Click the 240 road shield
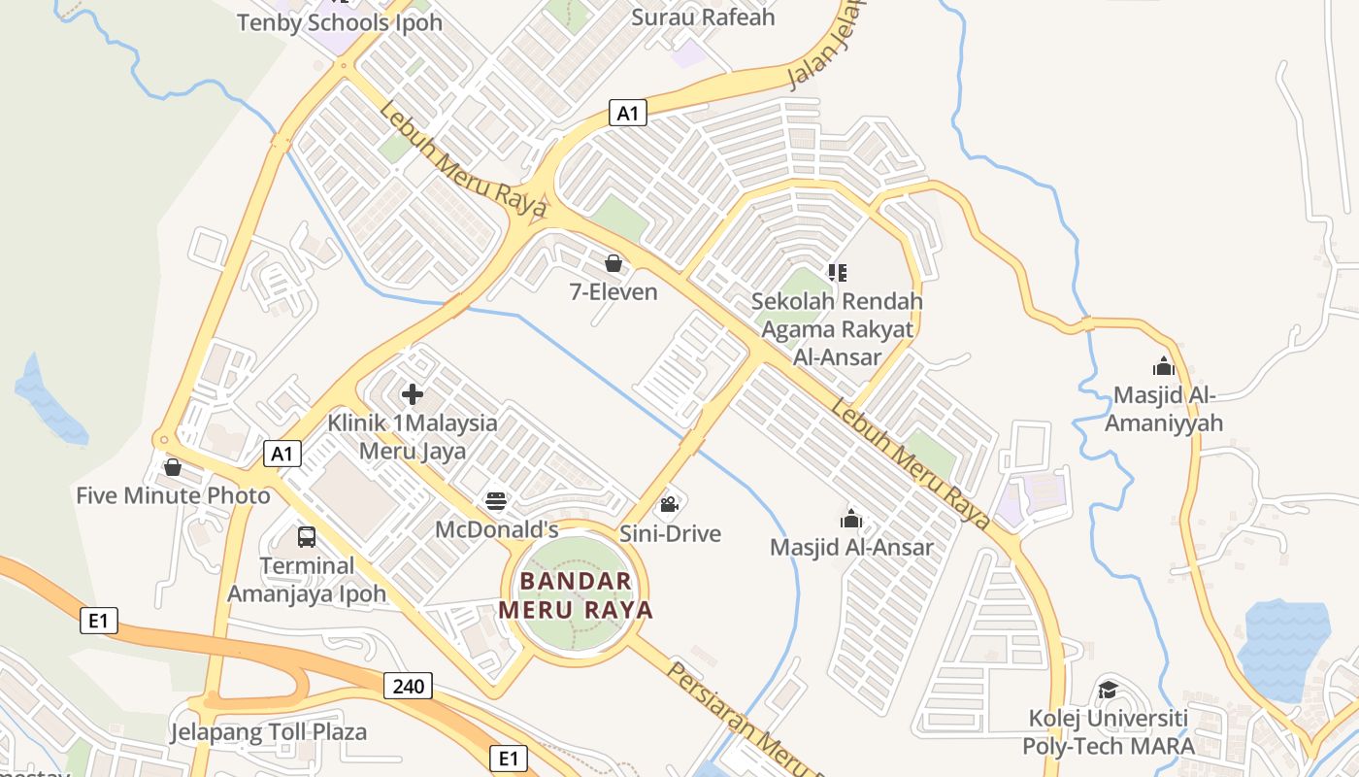click(409, 686)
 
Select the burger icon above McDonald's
click(496, 501)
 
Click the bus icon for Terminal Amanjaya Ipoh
click(307, 536)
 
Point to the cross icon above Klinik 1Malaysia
click(413, 394)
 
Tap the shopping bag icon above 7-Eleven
click(613, 263)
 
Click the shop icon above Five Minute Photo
click(173, 467)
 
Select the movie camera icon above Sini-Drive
click(669, 504)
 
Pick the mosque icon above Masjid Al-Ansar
click(851, 519)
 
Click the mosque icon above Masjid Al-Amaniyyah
click(1163, 366)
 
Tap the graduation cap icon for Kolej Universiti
click(1108, 690)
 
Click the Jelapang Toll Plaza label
click(269, 731)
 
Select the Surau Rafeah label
click(703, 17)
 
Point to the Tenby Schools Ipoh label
click(340, 22)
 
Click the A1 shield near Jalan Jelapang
click(628, 113)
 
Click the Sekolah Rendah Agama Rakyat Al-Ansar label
click(837, 329)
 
